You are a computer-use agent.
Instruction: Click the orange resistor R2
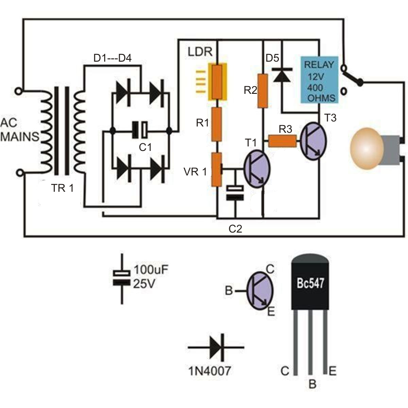(x=262, y=91)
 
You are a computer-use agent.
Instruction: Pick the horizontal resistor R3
(x=282, y=141)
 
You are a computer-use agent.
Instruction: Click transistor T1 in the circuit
(x=257, y=168)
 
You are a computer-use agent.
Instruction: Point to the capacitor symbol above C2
(x=235, y=192)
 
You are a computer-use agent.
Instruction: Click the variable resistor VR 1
(x=217, y=170)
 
